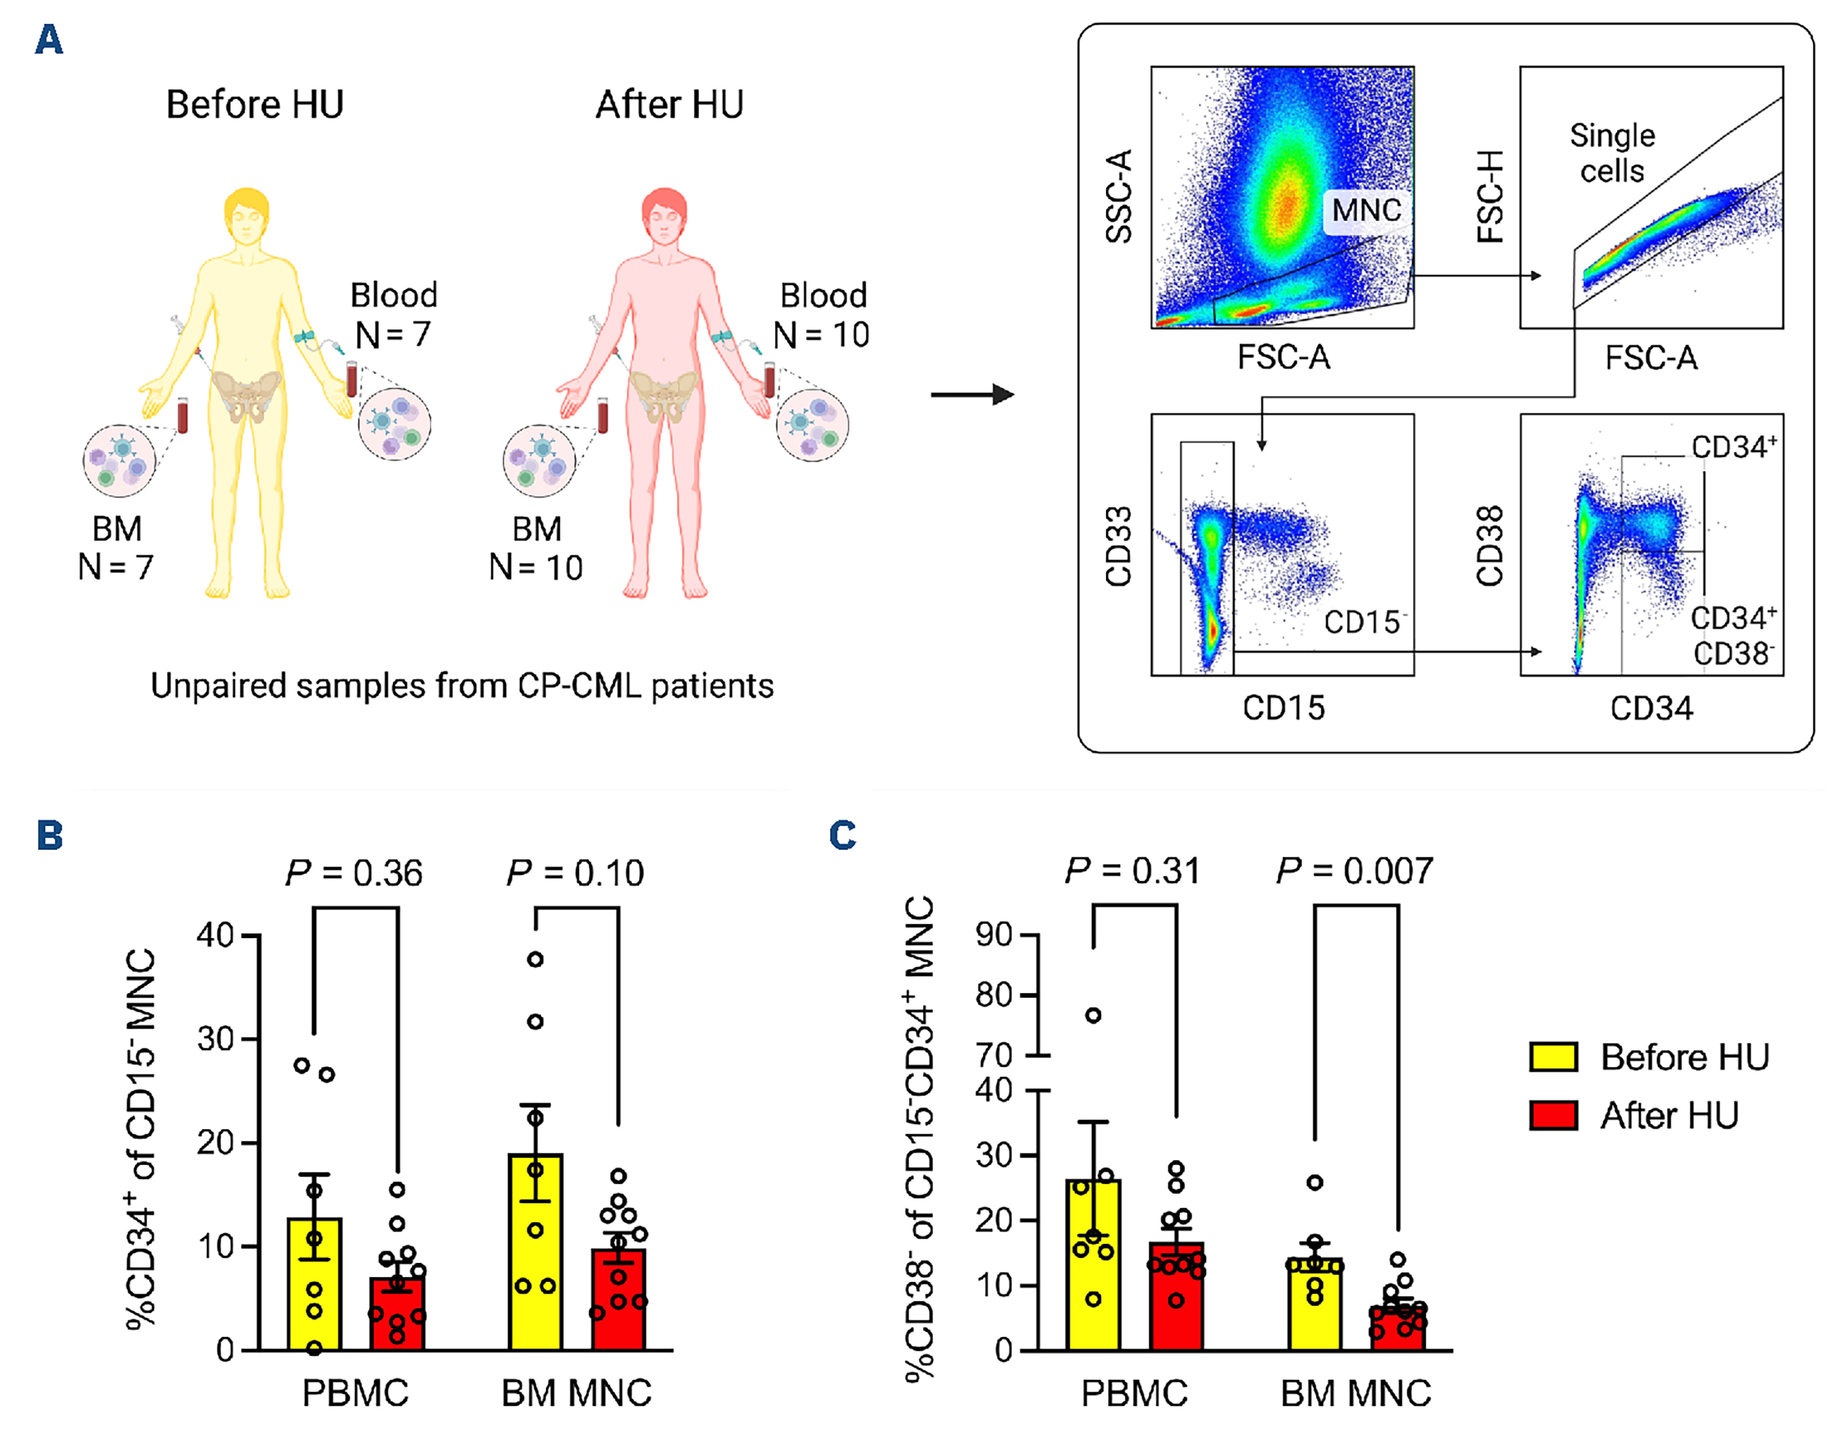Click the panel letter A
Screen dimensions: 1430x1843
[x=49, y=40]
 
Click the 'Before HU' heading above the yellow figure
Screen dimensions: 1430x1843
[x=255, y=105]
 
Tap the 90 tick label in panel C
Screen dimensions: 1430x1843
[x=993, y=935]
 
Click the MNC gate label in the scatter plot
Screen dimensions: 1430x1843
[x=1366, y=209]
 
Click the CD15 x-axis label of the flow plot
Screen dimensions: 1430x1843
[x=1284, y=707]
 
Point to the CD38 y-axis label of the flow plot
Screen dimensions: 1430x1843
[x=1490, y=545]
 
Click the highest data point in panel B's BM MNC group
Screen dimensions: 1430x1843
[x=535, y=959]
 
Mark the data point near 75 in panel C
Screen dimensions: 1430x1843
[x=1093, y=1015]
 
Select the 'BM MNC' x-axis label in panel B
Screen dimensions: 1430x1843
[x=576, y=1393]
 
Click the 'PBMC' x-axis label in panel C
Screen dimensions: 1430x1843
[x=1134, y=1393]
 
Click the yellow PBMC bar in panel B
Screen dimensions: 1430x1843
[x=315, y=1291]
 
